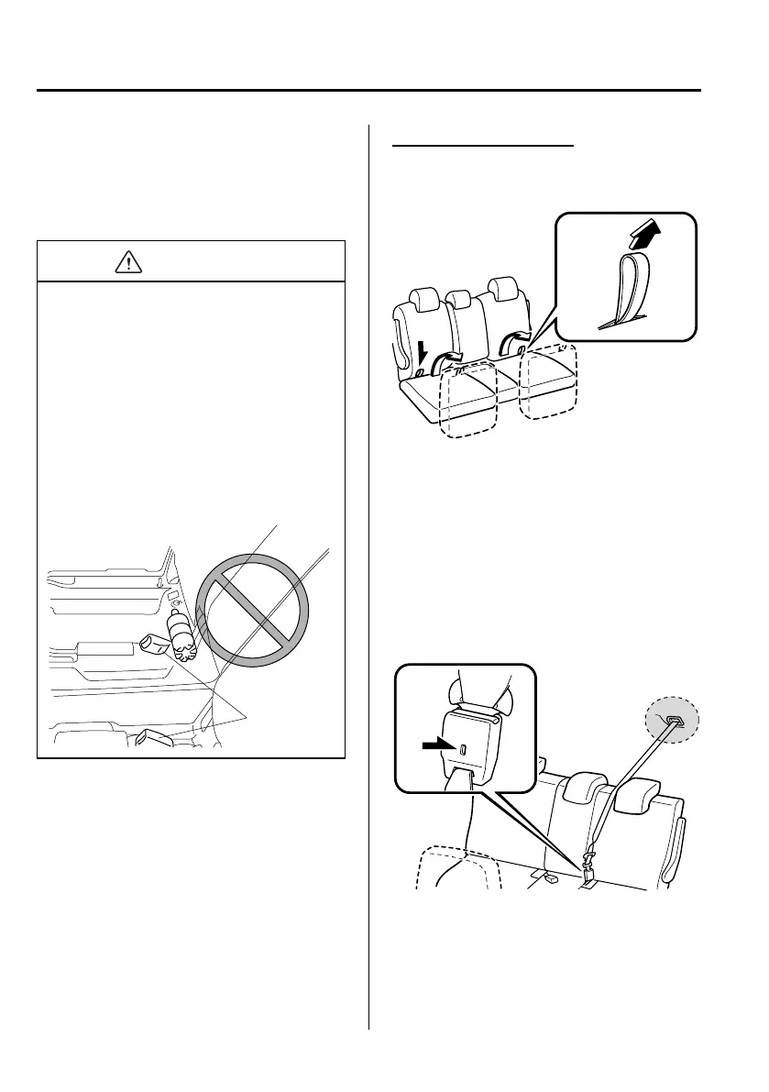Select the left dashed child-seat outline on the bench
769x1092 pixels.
click(x=467, y=403)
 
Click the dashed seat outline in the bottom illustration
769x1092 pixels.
click(x=458, y=866)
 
